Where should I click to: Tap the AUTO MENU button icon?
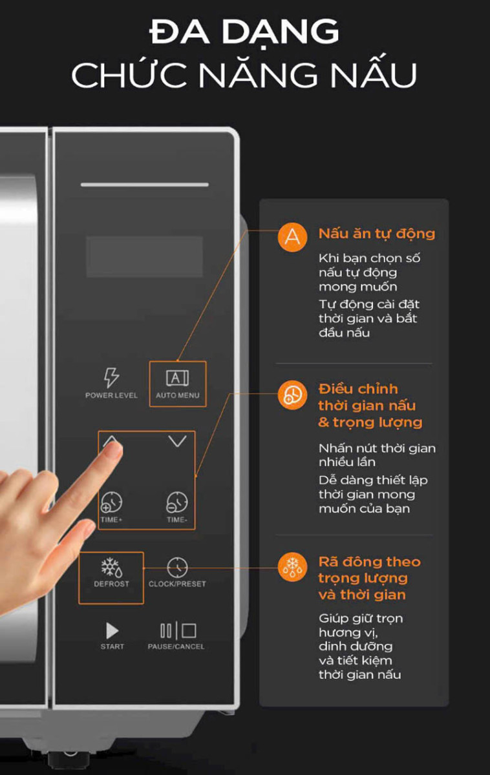coord(177,378)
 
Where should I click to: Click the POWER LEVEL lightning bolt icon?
coord(111,377)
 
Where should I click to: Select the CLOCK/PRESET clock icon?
coord(177,567)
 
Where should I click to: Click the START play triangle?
coord(112,631)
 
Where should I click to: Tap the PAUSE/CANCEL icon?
coord(178,630)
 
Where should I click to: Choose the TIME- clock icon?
coord(177,502)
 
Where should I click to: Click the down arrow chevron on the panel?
coord(177,440)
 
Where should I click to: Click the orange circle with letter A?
coord(292,238)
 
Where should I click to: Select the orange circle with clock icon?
coord(292,395)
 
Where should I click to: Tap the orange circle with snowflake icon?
coord(292,567)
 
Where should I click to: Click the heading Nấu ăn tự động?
coord(377,234)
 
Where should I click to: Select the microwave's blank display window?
coord(144,257)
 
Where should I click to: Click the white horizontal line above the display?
coord(145,185)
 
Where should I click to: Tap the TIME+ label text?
coord(111,520)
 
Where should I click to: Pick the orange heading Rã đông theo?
coord(370,561)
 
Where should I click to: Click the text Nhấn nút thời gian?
coord(377,448)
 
